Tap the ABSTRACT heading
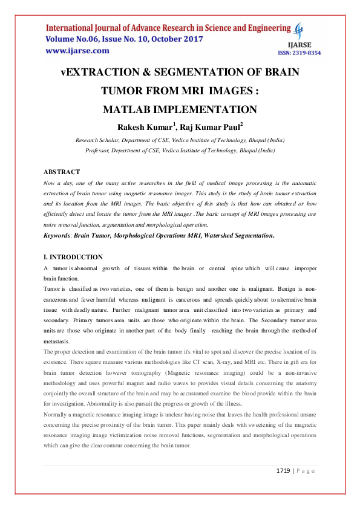pos(62,172)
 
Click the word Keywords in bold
pos(59,235)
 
